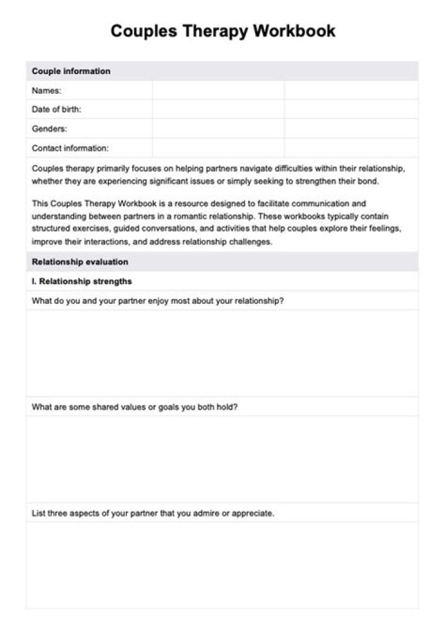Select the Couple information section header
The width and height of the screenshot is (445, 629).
71,71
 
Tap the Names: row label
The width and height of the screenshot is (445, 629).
46,90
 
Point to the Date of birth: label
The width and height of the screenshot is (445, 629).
56,109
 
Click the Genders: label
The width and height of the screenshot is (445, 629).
49,129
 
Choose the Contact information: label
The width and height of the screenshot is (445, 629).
70,148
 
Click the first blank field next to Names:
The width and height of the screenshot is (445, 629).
218,90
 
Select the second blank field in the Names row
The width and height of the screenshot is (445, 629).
351,90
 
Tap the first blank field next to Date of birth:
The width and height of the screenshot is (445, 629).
218,109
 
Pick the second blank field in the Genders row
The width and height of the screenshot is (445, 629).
351,129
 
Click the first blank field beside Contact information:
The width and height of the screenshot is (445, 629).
218,148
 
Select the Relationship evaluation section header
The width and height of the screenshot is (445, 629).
80,262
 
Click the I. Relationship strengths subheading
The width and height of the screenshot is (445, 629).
82,281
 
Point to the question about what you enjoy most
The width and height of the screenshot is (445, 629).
158,301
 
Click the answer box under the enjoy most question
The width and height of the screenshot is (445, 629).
222,353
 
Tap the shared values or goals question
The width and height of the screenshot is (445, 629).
135,407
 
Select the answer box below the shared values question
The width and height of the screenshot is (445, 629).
222,459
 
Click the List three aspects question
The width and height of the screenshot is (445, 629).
153,513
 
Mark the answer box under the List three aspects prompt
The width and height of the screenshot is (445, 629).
222,565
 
